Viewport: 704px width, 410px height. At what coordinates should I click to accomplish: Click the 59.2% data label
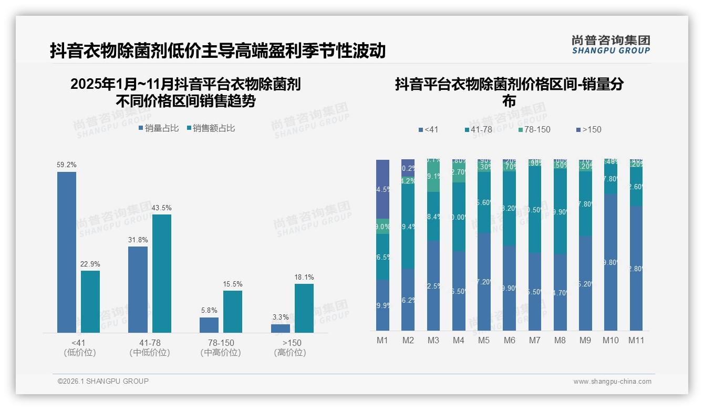pyautogui.click(x=67, y=165)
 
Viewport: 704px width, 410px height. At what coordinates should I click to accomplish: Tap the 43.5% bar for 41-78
pyautogui.click(x=162, y=273)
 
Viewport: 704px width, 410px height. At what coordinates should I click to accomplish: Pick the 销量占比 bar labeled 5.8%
pyautogui.click(x=209, y=325)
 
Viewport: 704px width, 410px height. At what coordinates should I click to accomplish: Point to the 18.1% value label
pyautogui.click(x=304, y=278)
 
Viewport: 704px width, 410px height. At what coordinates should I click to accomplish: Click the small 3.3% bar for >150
pyautogui.click(x=281, y=329)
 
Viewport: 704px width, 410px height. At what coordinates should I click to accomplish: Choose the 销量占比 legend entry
pyautogui.click(x=159, y=128)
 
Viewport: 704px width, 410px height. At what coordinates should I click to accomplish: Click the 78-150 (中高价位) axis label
pyautogui.click(x=221, y=347)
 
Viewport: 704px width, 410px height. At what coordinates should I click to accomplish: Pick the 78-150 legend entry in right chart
pyautogui.click(x=534, y=129)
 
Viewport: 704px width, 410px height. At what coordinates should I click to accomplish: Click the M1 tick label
pyautogui.click(x=382, y=341)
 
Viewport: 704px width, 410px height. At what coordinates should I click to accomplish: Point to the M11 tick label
pyautogui.click(x=636, y=341)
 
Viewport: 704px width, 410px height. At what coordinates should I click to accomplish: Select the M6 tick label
pyautogui.click(x=509, y=341)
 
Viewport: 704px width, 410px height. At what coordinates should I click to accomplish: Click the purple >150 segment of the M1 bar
pyautogui.click(x=382, y=189)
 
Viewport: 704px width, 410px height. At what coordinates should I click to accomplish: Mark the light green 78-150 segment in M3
pyautogui.click(x=433, y=177)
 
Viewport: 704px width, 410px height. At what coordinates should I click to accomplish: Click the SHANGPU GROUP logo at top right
pyautogui.click(x=610, y=44)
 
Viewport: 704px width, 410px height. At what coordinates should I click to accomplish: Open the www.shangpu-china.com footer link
pyautogui.click(x=612, y=382)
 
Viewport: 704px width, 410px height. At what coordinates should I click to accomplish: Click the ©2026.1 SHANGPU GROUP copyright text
pyautogui.click(x=103, y=381)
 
